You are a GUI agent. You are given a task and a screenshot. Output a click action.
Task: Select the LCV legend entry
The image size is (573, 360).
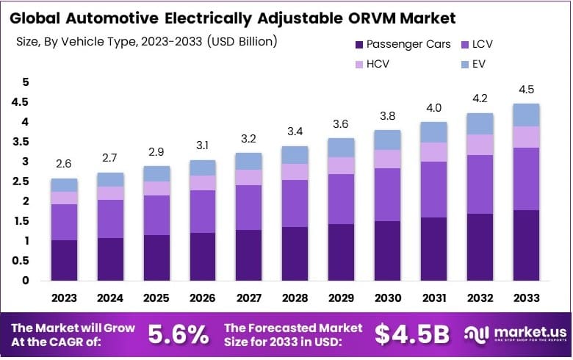pos(483,44)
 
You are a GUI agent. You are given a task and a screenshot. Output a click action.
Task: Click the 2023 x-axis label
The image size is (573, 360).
pos(64,298)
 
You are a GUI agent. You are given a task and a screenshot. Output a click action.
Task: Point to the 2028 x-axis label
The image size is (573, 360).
pos(295,298)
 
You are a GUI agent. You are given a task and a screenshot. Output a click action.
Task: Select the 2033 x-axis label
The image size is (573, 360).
pos(526,298)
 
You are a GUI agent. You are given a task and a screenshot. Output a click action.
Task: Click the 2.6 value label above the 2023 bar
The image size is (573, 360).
pos(64,164)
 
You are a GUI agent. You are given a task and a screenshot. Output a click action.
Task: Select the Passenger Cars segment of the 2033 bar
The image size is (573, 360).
pos(526,245)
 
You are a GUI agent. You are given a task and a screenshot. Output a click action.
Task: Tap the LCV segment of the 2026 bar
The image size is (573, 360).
pos(203,212)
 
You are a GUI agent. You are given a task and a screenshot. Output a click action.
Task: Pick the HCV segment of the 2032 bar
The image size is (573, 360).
pos(480,145)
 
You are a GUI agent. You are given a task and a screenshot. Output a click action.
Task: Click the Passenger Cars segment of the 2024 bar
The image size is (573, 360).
pos(110,259)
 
